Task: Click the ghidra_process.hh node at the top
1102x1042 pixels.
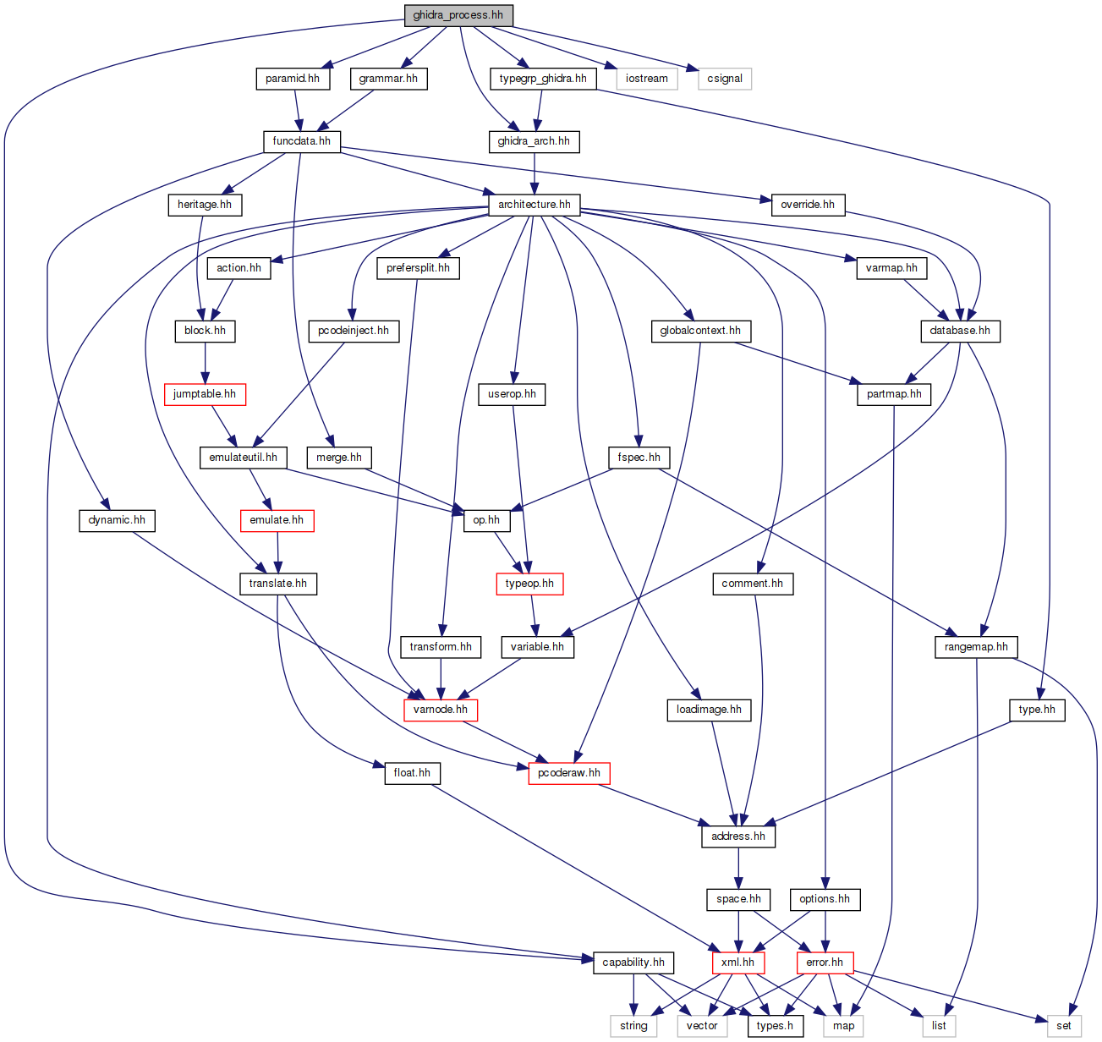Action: [458, 15]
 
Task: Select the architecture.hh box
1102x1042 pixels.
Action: [534, 205]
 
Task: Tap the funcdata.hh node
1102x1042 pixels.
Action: [301, 141]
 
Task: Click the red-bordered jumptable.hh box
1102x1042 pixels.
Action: [205, 394]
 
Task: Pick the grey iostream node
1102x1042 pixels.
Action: [646, 79]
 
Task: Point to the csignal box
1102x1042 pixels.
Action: [725, 79]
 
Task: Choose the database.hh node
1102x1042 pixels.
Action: [960, 331]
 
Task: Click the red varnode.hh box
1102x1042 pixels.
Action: [441, 710]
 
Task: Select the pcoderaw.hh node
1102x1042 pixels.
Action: [569, 773]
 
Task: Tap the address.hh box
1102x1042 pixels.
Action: [738, 836]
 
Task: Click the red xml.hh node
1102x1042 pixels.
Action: [738, 962]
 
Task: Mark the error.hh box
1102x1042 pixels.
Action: [825, 962]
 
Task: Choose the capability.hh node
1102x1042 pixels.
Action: [633, 962]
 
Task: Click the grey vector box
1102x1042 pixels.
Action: [702, 1026]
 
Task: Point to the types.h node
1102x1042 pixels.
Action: [775, 1026]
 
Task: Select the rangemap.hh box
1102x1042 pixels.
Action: [976, 647]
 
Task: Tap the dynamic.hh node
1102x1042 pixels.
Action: [117, 520]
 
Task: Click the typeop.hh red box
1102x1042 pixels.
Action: [529, 584]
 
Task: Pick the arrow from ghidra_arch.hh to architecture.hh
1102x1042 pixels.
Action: [535, 173]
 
